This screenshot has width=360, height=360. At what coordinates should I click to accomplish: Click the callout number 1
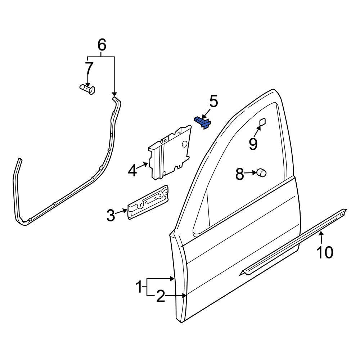pos(139,288)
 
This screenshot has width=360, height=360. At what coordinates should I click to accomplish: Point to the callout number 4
pos(132,170)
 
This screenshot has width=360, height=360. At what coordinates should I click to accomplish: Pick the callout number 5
pos(213,102)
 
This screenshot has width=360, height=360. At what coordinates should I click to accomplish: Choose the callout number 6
pos(102,45)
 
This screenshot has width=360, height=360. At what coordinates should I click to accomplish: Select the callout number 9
pos(253,144)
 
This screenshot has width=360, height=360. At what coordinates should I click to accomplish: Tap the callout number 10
pos(324,252)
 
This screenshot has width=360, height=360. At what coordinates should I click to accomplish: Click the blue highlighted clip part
pos(203,122)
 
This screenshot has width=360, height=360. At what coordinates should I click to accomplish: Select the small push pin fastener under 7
pos(87,89)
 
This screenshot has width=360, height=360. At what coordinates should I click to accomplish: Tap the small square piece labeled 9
pos(262,122)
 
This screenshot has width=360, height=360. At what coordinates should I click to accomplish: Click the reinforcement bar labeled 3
pos(148,203)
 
